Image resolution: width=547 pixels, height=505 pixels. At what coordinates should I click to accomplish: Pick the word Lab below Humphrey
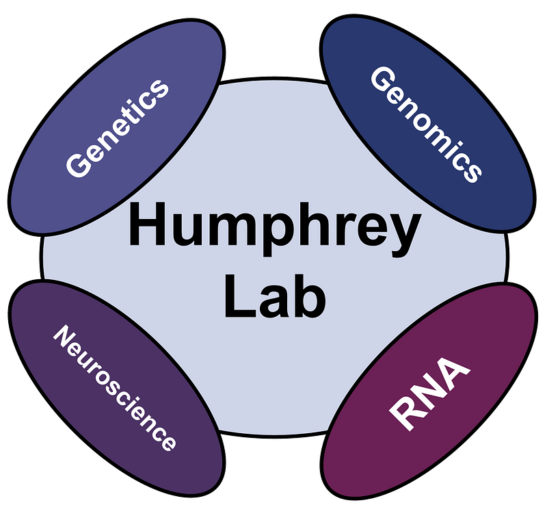tap(273, 296)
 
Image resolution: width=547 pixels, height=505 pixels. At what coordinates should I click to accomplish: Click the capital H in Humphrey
tap(145, 225)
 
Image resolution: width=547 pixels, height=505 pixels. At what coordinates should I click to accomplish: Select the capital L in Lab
tap(236, 295)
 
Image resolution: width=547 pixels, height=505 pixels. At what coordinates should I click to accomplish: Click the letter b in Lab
tap(307, 295)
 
